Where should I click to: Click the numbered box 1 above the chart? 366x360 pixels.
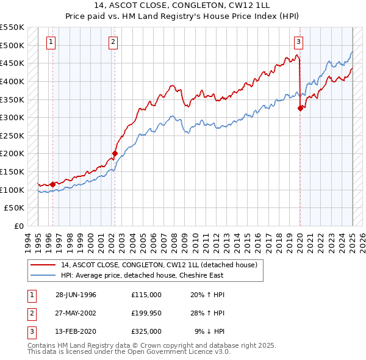(x=51, y=42)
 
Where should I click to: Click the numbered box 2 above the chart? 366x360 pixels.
(x=113, y=42)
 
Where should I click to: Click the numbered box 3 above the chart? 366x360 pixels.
(x=298, y=42)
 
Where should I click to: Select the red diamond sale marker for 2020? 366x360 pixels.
(x=300, y=109)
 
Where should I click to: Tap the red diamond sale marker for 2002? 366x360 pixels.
(x=115, y=154)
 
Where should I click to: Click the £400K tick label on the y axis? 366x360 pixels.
(x=12, y=81)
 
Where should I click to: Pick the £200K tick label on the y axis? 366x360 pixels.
(x=12, y=154)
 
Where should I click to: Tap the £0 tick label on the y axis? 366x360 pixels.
(x=18, y=226)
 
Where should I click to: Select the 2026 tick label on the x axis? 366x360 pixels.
(x=362, y=239)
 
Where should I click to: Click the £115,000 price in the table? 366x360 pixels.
(x=146, y=295)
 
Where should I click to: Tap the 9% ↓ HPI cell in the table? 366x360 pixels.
(x=209, y=331)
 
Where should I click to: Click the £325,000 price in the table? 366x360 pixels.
(x=146, y=331)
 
